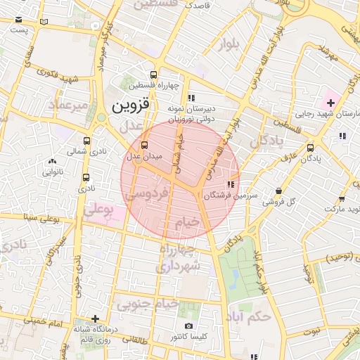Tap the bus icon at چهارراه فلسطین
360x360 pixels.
[x=154, y=75]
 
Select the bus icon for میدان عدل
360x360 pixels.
[x=135, y=145]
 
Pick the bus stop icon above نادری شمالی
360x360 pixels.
[x=86, y=141]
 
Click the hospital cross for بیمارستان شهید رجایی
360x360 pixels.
[x=330, y=103]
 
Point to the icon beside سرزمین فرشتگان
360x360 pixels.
[x=231, y=185]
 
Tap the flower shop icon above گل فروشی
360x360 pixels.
[x=279, y=191]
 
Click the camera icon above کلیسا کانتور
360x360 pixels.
[x=188, y=326]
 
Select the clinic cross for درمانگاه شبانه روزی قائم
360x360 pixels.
[x=95, y=319]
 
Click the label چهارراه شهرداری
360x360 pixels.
[x=179, y=258]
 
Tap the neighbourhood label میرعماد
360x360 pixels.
[x=68, y=106]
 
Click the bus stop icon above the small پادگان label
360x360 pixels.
[x=311, y=148]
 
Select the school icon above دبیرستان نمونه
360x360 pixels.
[x=191, y=98]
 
